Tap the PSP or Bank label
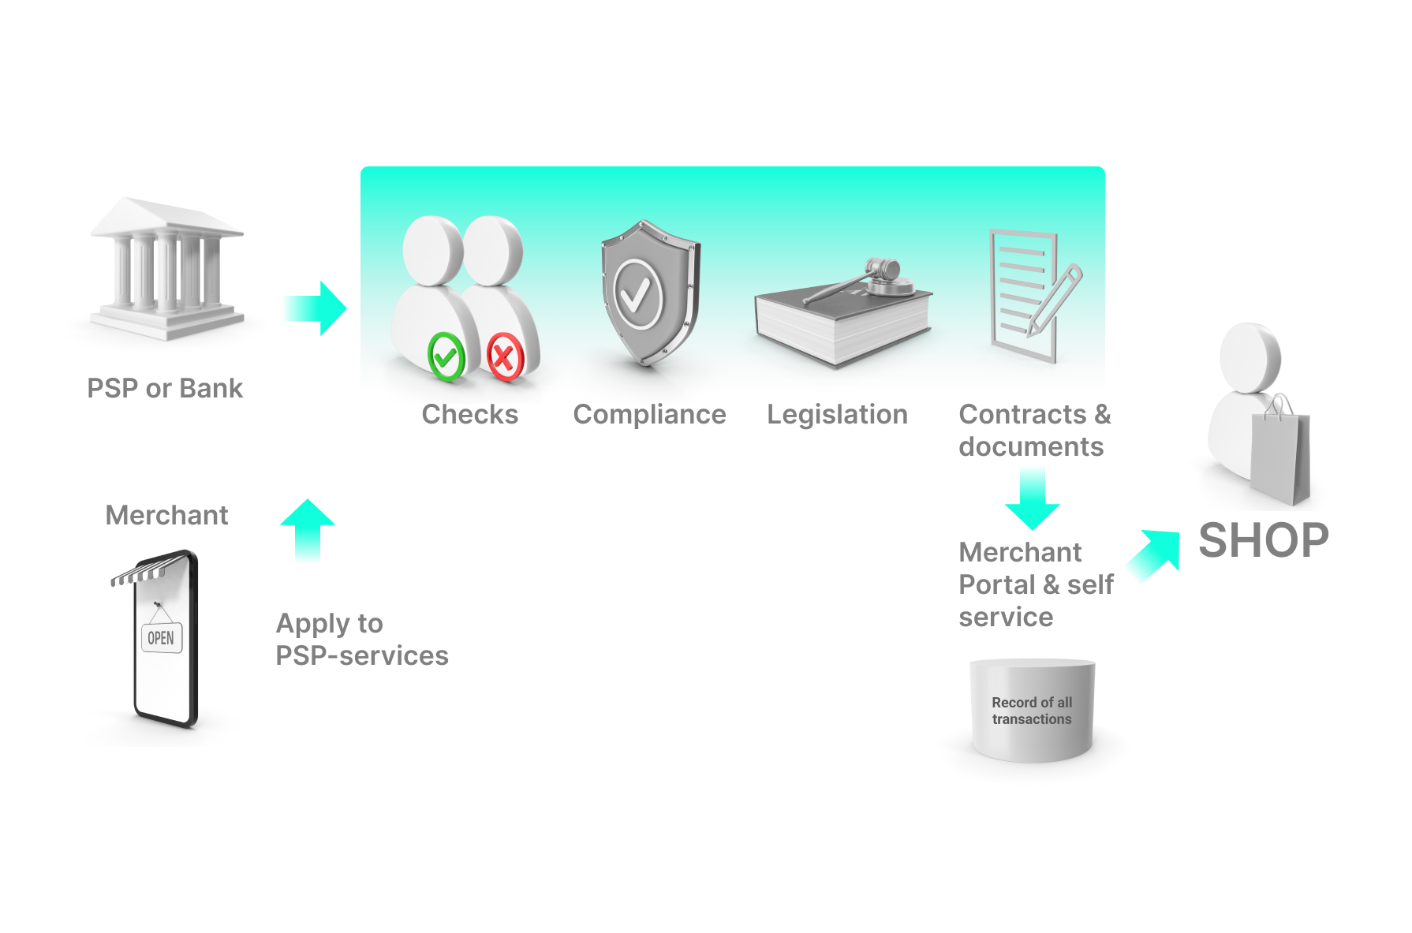tap(165, 388)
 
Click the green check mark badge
tap(446, 357)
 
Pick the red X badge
tap(505, 357)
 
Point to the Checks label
tap(469, 414)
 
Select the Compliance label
tap(649, 414)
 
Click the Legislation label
tap(837, 414)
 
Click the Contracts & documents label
tap(1034, 431)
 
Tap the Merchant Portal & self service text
tap(1035, 584)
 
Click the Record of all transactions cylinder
tap(1032, 711)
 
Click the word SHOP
tap(1263, 541)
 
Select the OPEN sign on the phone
tap(162, 637)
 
